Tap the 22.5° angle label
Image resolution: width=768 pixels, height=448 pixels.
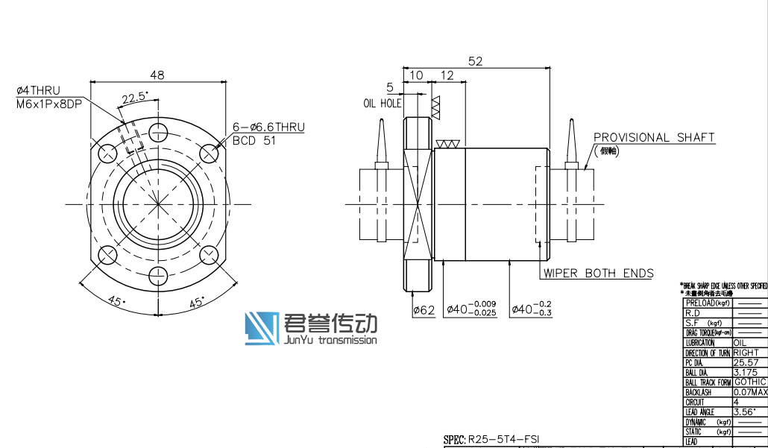click(x=135, y=97)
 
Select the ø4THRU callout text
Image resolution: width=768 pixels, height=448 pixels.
click(x=38, y=91)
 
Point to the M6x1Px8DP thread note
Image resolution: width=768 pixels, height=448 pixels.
click(x=48, y=103)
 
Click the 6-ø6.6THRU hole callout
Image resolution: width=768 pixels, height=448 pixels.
click(x=268, y=127)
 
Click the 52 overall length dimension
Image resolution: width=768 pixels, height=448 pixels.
click(x=475, y=61)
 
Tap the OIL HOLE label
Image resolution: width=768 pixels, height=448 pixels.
click(x=382, y=103)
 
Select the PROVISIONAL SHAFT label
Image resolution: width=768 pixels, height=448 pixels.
click(x=654, y=137)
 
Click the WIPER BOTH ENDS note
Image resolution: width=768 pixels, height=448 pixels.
click(x=598, y=273)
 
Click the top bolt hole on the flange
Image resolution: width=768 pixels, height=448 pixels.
click(x=158, y=132)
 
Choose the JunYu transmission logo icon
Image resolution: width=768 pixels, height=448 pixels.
click(x=262, y=329)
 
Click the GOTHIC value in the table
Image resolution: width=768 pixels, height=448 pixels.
click(x=749, y=382)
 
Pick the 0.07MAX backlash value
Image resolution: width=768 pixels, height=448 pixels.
click(x=750, y=391)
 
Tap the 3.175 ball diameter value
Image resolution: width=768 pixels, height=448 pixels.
click(x=746, y=372)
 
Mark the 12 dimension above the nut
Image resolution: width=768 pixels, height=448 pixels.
click(x=447, y=75)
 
